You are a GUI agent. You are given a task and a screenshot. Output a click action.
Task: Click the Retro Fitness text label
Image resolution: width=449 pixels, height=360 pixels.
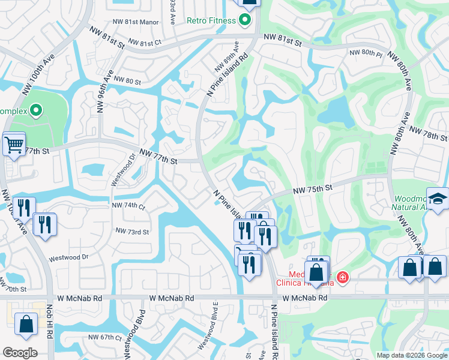(211, 20)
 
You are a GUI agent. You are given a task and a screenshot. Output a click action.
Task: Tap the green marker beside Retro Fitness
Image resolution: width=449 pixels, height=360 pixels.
(244, 20)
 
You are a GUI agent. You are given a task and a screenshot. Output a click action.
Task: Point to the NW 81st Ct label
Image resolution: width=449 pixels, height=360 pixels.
(142, 43)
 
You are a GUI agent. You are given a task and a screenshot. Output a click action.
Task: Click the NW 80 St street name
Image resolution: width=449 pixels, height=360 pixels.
(127, 81)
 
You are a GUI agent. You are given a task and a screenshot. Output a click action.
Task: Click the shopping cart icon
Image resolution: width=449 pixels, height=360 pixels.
(13, 144)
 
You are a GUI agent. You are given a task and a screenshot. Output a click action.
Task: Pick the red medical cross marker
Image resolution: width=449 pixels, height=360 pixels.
(342, 277)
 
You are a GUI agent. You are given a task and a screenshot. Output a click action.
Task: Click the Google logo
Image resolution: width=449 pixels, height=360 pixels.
(20, 353)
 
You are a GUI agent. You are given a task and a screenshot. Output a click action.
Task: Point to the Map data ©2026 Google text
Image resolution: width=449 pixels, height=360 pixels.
(411, 355)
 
